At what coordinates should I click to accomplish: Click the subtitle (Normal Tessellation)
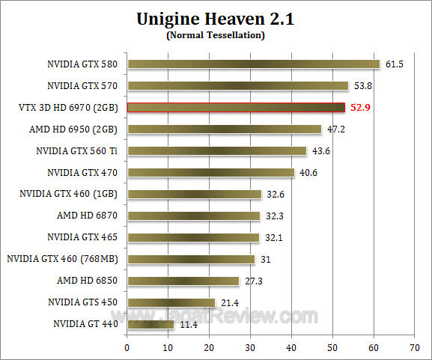(x=216, y=34)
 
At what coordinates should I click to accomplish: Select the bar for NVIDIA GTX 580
(x=254, y=64)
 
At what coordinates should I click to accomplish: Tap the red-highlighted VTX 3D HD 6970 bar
(x=236, y=108)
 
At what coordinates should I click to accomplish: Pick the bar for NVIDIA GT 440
(x=150, y=324)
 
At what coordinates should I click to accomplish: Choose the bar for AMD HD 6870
(x=194, y=216)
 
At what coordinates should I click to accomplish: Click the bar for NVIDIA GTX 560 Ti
(x=217, y=151)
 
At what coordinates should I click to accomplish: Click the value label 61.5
(x=395, y=64)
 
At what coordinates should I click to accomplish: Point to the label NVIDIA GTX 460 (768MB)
(x=64, y=259)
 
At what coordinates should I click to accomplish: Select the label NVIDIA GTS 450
(x=82, y=302)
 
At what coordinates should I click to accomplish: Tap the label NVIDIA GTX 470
(x=82, y=173)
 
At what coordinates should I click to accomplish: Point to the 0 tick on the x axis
(x=127, y=348)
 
